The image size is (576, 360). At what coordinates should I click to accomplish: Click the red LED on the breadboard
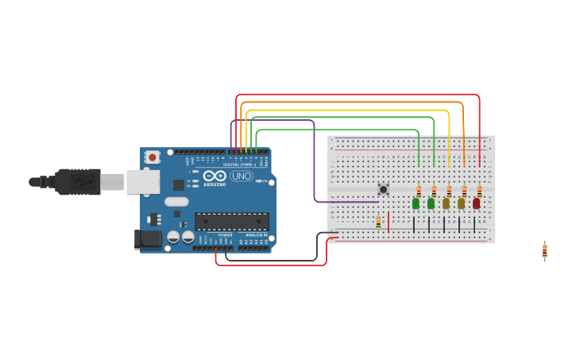click(476, 203)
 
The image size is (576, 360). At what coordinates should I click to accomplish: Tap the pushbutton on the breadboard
click(383, 189)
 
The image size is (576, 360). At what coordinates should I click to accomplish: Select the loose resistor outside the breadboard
click(544, 250)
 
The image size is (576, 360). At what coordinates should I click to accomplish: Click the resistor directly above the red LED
click(479, 191)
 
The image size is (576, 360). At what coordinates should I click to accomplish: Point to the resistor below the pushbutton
click(378, 223)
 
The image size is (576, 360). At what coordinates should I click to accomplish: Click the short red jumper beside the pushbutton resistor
click(388, 222)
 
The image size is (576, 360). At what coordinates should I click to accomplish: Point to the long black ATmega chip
click(232, 222)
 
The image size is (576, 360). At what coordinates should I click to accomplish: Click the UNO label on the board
click(242, 176)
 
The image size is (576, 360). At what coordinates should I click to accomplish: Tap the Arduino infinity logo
click(215, 176)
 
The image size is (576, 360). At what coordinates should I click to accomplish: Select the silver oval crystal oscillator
click(176, 202)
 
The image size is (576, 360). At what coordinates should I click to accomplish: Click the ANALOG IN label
click(255, 235)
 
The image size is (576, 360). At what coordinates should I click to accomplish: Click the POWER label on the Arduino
click(225, 235)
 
